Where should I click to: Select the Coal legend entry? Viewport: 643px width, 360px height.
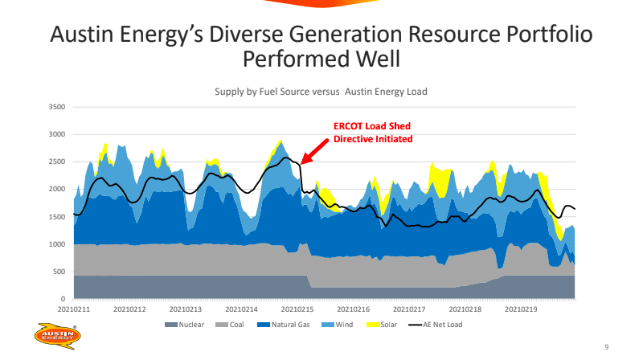point(231,325)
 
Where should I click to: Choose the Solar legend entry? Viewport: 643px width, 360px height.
point(381,325)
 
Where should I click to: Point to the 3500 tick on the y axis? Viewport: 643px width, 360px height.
point(56,107)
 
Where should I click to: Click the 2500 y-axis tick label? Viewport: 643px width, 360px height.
point(56,162)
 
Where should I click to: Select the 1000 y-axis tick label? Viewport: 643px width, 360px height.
point(56,244)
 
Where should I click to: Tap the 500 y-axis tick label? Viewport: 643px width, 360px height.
point(59,272)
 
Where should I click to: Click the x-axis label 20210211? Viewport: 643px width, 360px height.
point(73,309)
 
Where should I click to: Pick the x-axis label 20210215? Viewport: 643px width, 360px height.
point(297,309)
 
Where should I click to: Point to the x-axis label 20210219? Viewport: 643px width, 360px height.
point(521,309)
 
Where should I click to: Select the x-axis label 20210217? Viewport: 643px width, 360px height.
point(409,309)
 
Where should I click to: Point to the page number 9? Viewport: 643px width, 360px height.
point(606,346)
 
